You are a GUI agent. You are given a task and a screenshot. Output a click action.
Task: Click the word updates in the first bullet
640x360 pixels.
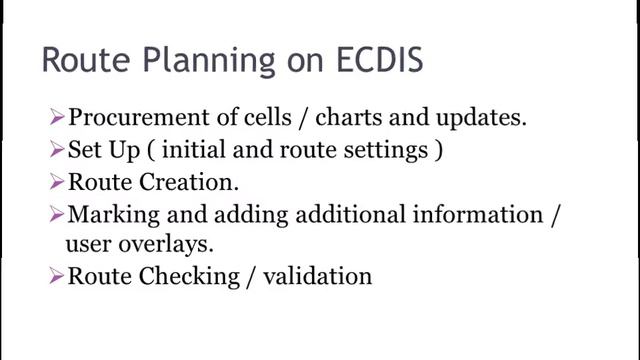(481, 118)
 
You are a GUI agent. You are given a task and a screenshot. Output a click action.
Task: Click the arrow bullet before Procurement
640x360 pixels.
(57, 118)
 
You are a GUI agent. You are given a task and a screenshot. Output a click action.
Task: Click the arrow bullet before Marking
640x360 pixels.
(57, 214)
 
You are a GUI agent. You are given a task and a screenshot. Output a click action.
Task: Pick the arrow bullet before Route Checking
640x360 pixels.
(57, 276)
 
